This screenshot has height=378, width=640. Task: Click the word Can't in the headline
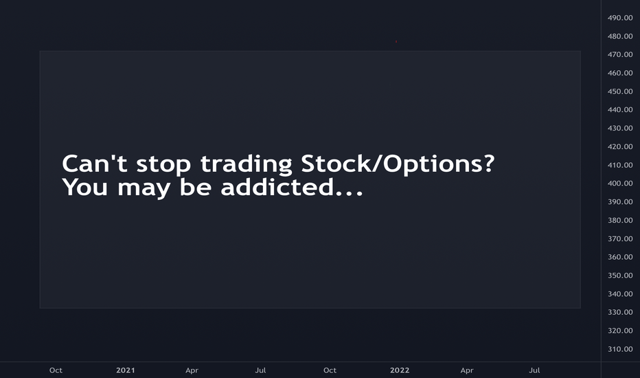click(95, 163)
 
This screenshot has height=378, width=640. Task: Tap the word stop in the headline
click(163, 164)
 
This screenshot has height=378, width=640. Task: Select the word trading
click(246, 164)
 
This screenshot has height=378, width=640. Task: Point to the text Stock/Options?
click(398, 164)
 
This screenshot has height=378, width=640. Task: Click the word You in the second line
click(85, 187)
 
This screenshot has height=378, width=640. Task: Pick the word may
click(144, 189)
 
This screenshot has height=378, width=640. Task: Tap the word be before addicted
click(196, 187)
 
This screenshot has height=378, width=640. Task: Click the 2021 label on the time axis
click(125, 370)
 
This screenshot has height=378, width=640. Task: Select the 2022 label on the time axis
click(400, 370)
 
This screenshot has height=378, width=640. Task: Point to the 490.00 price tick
click(620, 18)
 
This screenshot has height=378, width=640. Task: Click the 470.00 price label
click(620, 55)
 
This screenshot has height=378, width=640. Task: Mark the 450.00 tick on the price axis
click(620, 91)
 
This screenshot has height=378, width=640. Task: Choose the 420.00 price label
click(620, 146)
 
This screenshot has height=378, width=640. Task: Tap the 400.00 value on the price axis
click(620, 184)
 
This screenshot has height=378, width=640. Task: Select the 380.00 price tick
click(620, 220)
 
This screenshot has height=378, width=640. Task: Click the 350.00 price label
click(620, 276)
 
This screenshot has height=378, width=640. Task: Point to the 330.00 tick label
click(620, 312)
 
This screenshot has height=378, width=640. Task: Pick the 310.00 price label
click(620, 349)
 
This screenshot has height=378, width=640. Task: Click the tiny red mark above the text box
click(396, 41)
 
